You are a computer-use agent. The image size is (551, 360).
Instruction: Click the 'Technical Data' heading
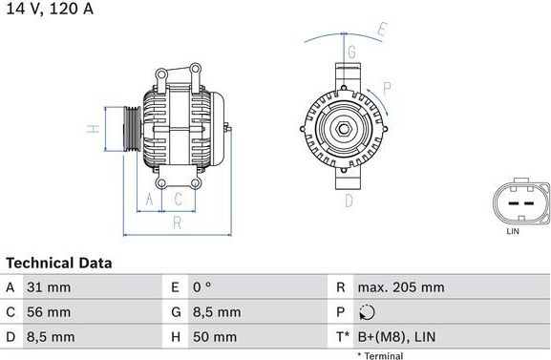(59, 263)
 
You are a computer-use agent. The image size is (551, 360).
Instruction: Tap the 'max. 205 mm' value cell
(401, 287)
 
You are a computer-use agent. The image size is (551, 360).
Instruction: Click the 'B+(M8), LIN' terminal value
(396, 337)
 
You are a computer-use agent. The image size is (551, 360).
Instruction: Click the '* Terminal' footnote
(380, 355)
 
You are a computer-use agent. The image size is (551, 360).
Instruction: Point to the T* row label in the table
(342, 337)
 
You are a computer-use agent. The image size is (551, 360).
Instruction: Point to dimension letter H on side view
(91, 128)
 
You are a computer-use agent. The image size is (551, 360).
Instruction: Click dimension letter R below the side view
(178, 223)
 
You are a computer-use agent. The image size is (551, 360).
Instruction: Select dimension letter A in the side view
(148, 200)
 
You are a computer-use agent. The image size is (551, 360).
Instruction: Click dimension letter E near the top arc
(381, 31)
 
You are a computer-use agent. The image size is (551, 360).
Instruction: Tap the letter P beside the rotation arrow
(387, 88)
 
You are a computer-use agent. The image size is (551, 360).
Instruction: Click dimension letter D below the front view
(349, 200)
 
